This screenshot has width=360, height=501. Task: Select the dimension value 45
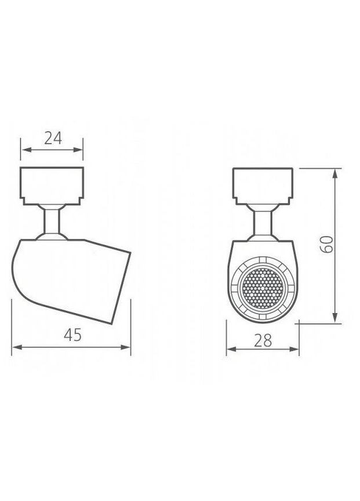click(x=72, y=335)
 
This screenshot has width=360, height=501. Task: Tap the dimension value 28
click(x=263, y=340)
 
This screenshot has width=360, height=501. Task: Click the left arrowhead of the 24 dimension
click(x=24, y=150)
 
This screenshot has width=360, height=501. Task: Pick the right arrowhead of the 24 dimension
click(x=80, y=150)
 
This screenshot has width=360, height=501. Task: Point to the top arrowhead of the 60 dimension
click(x=336, y=172)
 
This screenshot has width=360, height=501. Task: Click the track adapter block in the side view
click(x=53, y=184)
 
